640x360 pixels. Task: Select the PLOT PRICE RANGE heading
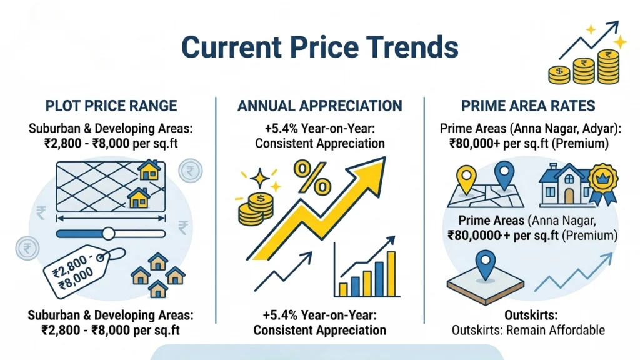tap(111, 106)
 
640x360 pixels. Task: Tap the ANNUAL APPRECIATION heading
tap(319, 106)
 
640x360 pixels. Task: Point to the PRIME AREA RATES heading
tap(528, 106)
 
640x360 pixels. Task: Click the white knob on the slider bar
tap(108, 234)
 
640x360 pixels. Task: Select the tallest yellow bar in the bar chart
tap(391, 274)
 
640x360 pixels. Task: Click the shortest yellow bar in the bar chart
tap(342, 289)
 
